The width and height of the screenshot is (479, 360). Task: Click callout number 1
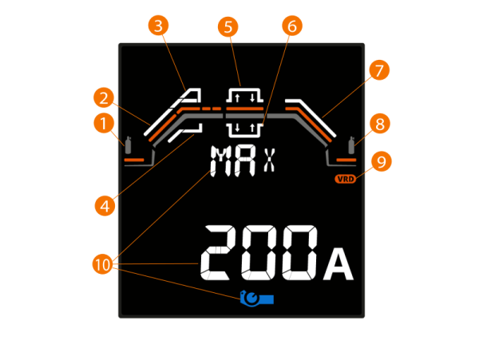pyautogui.click(x=101, y=123)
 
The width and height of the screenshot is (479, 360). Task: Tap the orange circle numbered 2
pyautogui.click(x=101, y=98)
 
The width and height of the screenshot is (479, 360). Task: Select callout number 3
pyautogui.click(x=159, y=26)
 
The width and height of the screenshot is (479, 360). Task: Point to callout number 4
pyautogui.click(x=101, y=205)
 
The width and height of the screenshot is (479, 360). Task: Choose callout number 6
pyautogui.click(x=291, y=26)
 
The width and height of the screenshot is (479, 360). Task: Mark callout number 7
pyautogui.click(x=379, y=70)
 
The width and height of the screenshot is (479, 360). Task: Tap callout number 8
pyautogui.click(x=379, y=124)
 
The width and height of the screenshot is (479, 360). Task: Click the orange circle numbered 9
pyautogui.click(x=382, y=161)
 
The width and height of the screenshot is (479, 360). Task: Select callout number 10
pyautogui.click(x=102, y=263)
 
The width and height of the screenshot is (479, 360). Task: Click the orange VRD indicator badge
pyautogui.click(x=345, y=179)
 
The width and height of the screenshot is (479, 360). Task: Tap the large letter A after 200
pyautogui.click(x=338, y=267)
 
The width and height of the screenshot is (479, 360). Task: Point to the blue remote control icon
pyautogui.click(x=257, y=299)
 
